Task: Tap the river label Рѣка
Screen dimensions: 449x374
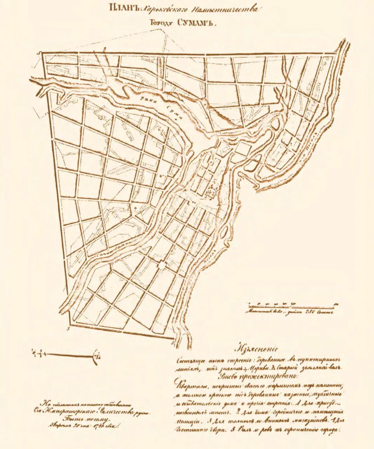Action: tap(146, 100)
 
